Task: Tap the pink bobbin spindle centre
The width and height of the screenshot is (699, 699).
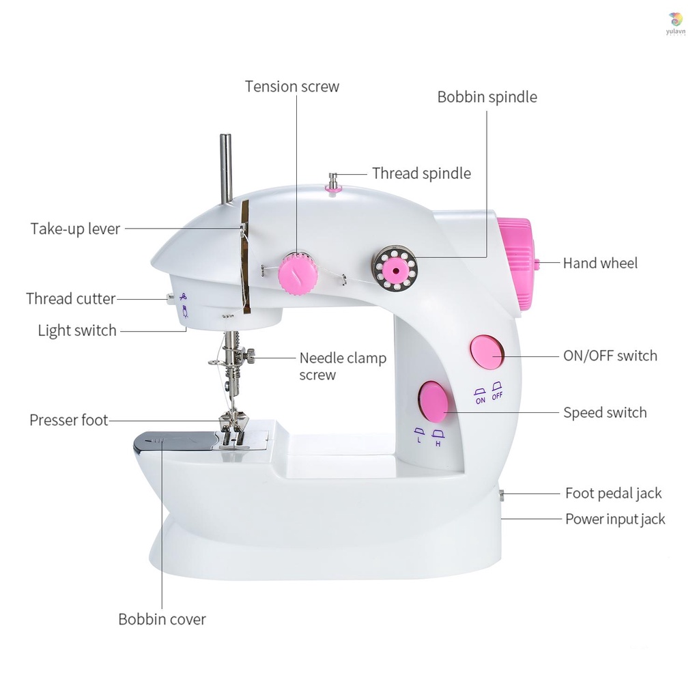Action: coord(394,268)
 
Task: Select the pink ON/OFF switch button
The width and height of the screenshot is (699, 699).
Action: coord(486,352)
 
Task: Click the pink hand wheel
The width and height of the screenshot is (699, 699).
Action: coord(518,263)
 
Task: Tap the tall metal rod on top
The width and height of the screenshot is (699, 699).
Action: coord(225,168)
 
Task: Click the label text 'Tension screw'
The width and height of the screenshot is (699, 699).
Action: coord(291,87)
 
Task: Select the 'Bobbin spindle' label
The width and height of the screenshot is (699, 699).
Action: coord(487,97)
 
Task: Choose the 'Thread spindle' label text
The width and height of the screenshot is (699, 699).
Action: coord(421,173)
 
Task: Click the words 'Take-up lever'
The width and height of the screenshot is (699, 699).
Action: coord(75,229)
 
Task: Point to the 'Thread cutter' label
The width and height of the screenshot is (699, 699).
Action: coord(71,298)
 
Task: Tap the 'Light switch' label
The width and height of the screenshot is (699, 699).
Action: coord(77,331)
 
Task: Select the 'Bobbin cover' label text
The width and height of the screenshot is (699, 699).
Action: coord(162,620)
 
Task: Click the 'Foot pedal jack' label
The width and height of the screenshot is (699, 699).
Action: coord(613,493)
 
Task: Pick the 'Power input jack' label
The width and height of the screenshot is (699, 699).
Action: coord(614,519)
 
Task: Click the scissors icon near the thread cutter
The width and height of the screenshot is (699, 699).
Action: coord(183,296)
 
